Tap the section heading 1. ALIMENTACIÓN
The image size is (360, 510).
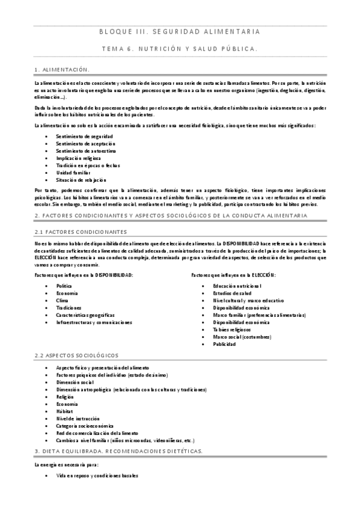click(63, 70)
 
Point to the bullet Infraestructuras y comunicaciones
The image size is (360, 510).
click(94, 322)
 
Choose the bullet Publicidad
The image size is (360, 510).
click(224, 344)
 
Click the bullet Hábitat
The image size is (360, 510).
click(64, 411)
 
